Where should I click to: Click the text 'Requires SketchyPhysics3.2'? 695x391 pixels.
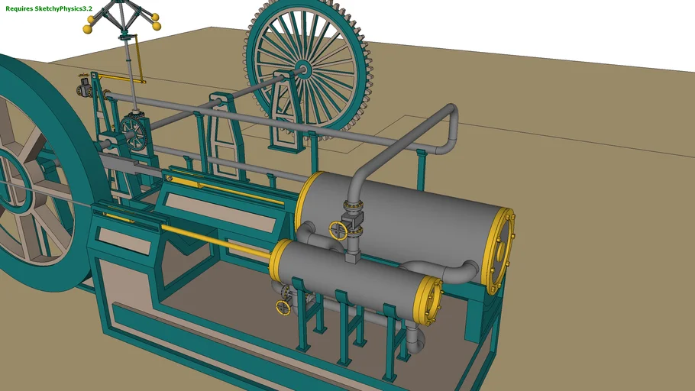[x=49, y=8]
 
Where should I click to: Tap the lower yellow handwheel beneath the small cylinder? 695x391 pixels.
[x=283, y=308]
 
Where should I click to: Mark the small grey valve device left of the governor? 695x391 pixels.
[x=83, y=89]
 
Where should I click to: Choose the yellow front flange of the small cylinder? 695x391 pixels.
[x=276, y=259]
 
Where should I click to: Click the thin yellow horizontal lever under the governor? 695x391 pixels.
[x=115, y=78]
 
